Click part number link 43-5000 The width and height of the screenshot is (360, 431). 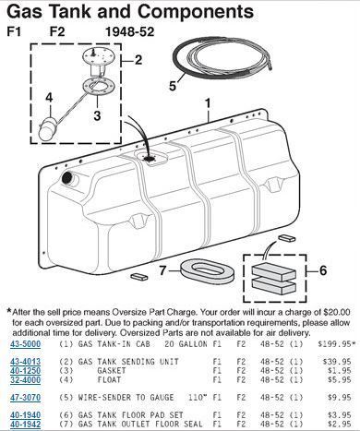coord(26,343)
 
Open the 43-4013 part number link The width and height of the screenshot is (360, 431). coord(26,362)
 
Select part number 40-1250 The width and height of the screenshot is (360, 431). coord(26,371)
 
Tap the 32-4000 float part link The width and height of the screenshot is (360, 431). coord(26,380)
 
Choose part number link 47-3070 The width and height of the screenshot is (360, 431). coord(26,398)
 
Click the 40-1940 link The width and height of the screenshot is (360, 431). coord(26,415)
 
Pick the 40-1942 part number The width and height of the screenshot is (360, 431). coord(26,425)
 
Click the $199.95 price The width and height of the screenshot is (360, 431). coord(336,343)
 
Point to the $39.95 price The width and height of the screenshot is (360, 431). coord(337,362)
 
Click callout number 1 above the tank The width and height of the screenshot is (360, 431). coord(208,103)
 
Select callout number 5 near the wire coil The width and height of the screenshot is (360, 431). coord(173,86)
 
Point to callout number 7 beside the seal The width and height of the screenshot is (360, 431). coord(162,270)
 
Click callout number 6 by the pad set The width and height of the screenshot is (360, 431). coord(323,270)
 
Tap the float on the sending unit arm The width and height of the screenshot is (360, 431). coord(47,130)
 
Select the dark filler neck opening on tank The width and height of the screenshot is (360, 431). coord(66,178)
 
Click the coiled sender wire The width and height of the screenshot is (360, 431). coord(222,58)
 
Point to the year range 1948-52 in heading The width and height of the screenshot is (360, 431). coord(129,31)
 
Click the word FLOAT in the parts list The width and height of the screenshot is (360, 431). coord(109,380)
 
